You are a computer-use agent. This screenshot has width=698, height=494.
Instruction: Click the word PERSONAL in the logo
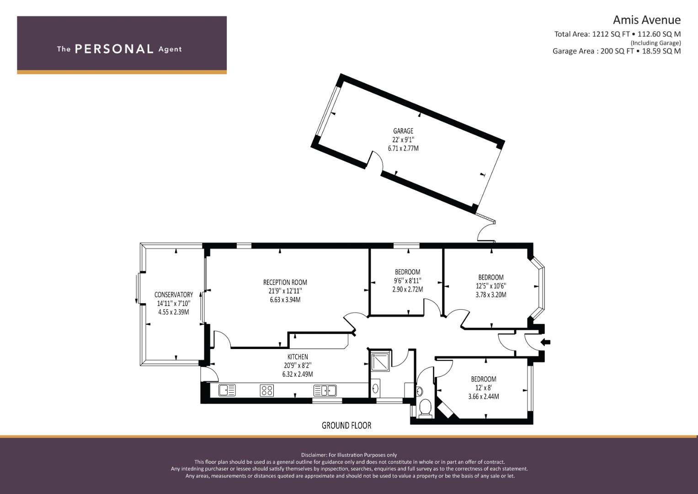[x=114, y=49]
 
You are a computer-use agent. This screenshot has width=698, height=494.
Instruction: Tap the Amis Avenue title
[x=647, y=20]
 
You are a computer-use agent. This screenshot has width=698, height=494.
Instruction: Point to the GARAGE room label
[x=403, y=131]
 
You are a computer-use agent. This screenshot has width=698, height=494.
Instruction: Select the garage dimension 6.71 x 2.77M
[x=403, y=149]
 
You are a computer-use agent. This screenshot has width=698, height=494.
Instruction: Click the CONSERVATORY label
[x=174, y=295]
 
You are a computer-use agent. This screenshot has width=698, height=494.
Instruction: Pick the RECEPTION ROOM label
[x=285, y=283]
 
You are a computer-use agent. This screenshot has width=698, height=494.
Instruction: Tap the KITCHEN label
[x=298, y=357]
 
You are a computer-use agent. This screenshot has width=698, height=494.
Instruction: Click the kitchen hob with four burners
[x=267, y=390]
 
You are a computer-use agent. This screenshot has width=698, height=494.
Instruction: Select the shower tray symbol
[x=380, y=362]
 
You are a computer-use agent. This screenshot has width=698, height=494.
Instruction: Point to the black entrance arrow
[x=546, y=342]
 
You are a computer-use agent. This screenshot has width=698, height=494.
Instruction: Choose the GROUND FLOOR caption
[x=346, y=425]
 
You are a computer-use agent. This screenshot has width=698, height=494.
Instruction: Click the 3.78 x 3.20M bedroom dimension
[x=491, y=295]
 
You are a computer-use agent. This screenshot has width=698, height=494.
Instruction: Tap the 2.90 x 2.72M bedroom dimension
[x=408, y=290]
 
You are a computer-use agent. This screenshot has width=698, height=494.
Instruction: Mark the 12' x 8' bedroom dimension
[x=484, y=388]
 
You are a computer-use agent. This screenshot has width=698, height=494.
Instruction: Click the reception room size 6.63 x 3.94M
[x=285, y=300]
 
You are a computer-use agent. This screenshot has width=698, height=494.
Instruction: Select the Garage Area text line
[x=617, y=51]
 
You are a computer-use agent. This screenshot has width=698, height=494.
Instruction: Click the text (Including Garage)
[x=655, y=43]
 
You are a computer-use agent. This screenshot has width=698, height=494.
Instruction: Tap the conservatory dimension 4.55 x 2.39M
[x=174, y=312]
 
